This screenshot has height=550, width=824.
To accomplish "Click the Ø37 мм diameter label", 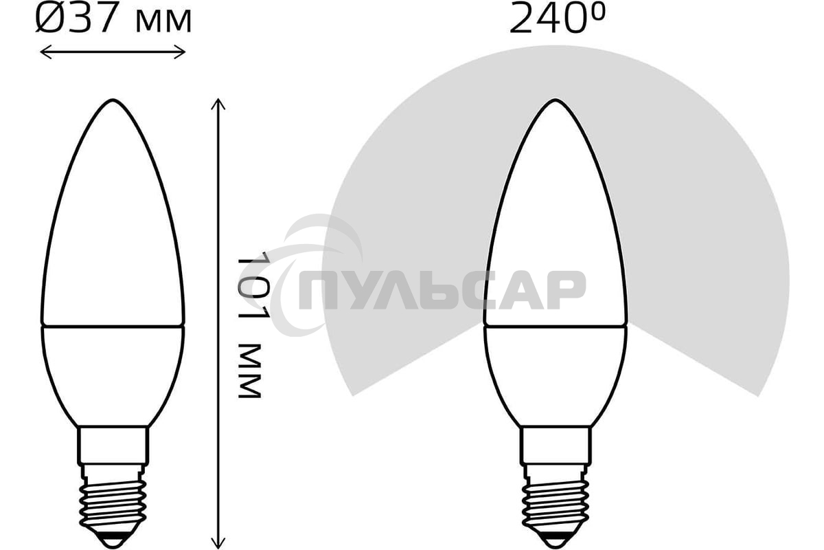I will click(x=113, y=20).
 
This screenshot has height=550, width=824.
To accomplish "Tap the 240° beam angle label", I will click(x=558, y=20).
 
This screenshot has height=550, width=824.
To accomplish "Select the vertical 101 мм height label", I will click(x=249, y=327).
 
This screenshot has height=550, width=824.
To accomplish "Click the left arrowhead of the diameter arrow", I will click(x=43, y=52).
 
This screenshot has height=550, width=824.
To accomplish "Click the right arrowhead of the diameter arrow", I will click(x=183, y=52).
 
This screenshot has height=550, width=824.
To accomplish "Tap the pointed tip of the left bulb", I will click(x=112, y=101).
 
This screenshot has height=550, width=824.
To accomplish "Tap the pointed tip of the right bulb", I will click(x=555, y=101).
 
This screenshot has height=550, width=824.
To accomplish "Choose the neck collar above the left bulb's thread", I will click(x=113, y=445).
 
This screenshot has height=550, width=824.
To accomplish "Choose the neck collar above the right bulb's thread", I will click(x=556, y=445).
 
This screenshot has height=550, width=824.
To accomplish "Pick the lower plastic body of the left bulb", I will click(x=113, y=371).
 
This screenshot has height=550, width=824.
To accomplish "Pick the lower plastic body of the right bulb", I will click(x=556, y=371).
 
